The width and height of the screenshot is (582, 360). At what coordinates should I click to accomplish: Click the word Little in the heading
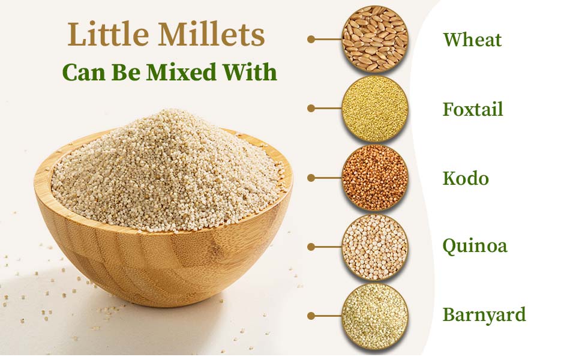(x=109, y=34)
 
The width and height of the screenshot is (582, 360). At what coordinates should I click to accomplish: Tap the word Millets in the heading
(x=212, y=34)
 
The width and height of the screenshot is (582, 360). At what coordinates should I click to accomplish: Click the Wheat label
(x=472, y=40)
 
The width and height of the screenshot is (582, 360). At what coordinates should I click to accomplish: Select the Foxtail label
(x=473, y=109)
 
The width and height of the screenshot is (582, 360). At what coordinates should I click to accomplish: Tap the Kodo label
(x=466, y=178)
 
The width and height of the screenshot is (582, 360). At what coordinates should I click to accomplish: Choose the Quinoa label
(x=475, y=246)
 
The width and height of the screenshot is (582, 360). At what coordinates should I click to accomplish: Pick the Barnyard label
(x=484, y=315)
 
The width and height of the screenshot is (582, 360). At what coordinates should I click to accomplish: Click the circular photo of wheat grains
(x=375, y=38)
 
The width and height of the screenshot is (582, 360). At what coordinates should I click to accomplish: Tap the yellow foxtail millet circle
(x=375, y=109)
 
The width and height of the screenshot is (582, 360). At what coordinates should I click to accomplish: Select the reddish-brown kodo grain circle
(x=375, y=178)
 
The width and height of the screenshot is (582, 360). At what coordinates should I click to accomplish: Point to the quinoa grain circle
(x=375, y=247)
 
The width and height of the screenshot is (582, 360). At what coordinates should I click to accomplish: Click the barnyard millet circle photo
(x=375, y=316)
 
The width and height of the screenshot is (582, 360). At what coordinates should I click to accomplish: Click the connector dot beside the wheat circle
(x=311, y=39)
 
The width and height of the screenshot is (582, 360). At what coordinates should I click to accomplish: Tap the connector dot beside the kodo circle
(x=311, y=178)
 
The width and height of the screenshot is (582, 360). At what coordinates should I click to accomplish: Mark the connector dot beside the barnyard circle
(x=311, y=316)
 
